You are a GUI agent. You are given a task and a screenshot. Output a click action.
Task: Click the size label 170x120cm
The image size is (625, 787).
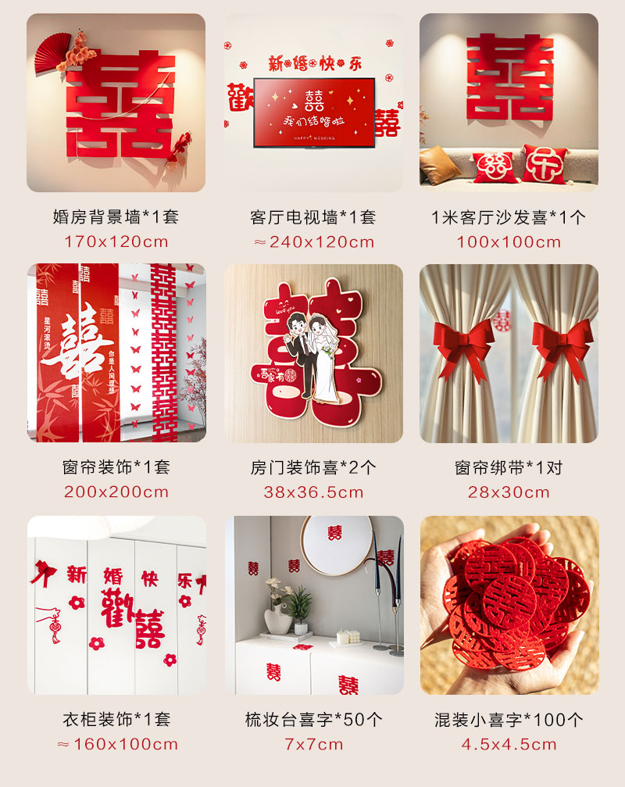[116, 241]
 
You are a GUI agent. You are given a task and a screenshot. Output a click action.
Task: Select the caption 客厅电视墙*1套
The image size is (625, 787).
[313, 217]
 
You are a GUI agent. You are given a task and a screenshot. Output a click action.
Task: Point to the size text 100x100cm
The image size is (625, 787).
[509, 241]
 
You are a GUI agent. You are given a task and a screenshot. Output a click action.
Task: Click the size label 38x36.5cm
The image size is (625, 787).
[313, 492]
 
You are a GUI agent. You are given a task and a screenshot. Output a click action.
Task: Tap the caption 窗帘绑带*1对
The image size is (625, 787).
[509, 468]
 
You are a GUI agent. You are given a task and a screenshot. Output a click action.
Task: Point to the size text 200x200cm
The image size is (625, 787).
[116, 492]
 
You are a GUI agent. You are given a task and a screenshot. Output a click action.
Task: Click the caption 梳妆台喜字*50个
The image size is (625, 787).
[313, 719]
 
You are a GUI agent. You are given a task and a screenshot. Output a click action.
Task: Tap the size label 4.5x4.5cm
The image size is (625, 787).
[509, 744]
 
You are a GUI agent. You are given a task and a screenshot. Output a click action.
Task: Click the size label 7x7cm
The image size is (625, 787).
[313, 744]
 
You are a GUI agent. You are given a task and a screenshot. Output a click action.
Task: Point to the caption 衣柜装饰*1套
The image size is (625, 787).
[116, 719]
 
